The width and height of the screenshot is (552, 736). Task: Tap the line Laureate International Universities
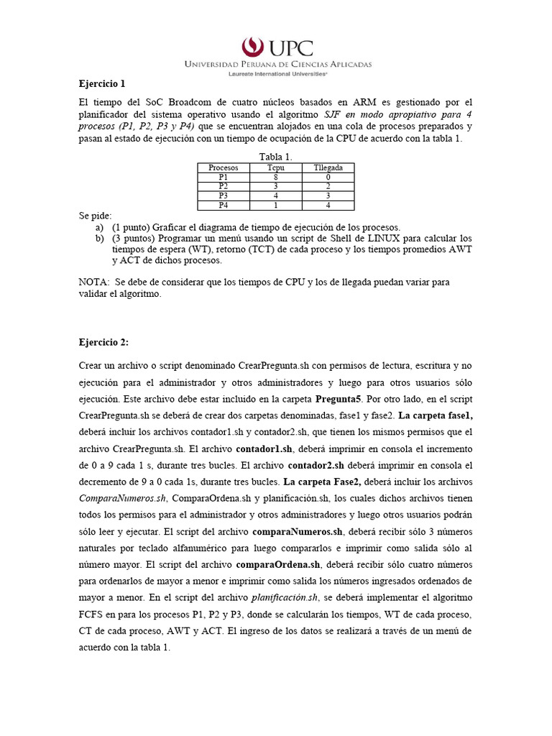click(277, 73)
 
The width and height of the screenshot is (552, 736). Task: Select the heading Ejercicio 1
click(102, 83)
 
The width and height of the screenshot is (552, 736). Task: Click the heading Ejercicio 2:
click(103, 344)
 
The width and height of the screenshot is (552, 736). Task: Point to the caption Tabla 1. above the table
click(275, 157)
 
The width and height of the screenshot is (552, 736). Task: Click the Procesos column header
click(223, 167)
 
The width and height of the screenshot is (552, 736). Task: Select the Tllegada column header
click(328, 167)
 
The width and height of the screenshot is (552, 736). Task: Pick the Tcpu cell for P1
click(275, 176)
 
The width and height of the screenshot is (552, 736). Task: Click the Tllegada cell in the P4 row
click(328, 204)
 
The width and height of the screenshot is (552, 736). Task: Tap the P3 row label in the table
click(223, 195)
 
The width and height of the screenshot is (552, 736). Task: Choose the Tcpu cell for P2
click(275, 185)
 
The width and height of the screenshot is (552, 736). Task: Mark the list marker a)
click(99, 226)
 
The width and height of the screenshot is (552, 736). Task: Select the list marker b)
click(99, 237)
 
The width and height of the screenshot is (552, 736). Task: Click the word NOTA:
click(93, 282)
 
